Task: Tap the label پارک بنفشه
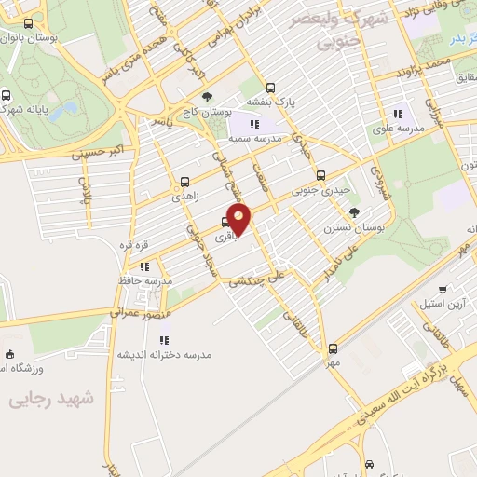pyautogui.click(x=270, y=102)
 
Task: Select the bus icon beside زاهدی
pyautogui.click(x=184, y=182)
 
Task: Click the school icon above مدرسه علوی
pyautogui.click(x=399, y=114)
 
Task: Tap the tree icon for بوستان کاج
pyautogui.click(x=207, y=96)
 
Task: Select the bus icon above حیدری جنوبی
pyautogui.click(x=320, y=174)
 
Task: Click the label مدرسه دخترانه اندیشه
pyautogui.click(x=164, y=355)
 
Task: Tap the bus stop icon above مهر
pyautogui.click(x=333, y=348)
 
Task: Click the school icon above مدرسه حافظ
pyautogui.click(x=144, y=266)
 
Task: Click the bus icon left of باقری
pyautogui.click(x=225, y=222)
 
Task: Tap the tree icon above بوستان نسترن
pyautogui.click(x=354, y=213)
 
